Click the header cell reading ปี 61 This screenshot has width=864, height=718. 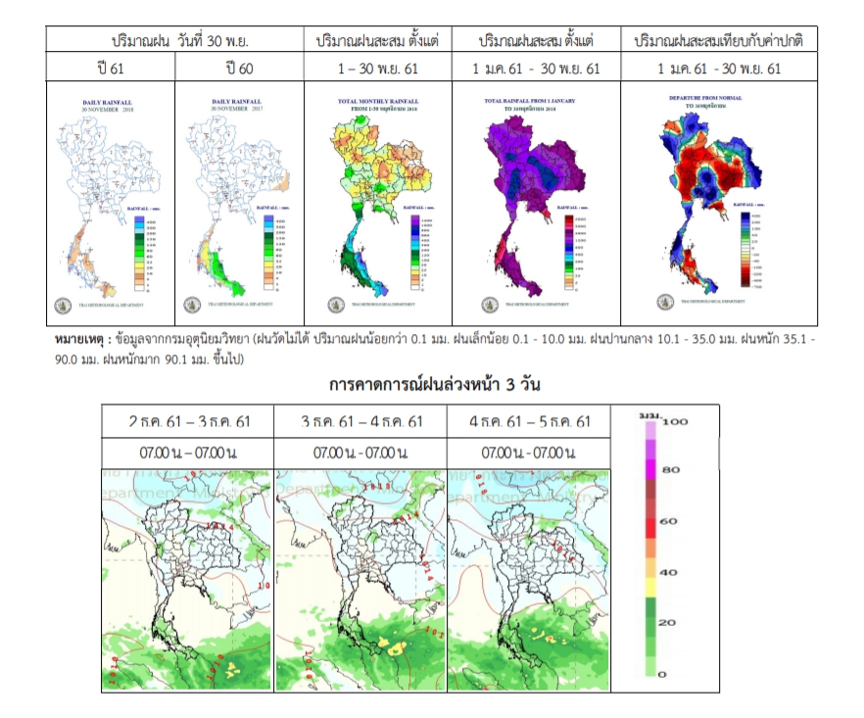click(110, 68)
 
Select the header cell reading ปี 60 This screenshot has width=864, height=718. click(238, 68)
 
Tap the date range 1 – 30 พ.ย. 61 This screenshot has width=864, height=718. click(376, 68)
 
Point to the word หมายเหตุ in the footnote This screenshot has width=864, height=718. click(77, 339)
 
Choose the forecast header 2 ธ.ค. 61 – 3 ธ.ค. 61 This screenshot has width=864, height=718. click(189, 422)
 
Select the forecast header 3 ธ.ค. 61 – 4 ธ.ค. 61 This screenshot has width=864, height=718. click(360, 422)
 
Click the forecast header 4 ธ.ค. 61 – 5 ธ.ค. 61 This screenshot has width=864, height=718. click(529, 422)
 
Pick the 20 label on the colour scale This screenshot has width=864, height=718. click(668, 624)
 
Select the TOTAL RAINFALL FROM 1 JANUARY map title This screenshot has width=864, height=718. click(534, 101)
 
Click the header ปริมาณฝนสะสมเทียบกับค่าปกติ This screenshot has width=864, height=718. click(718, 41)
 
